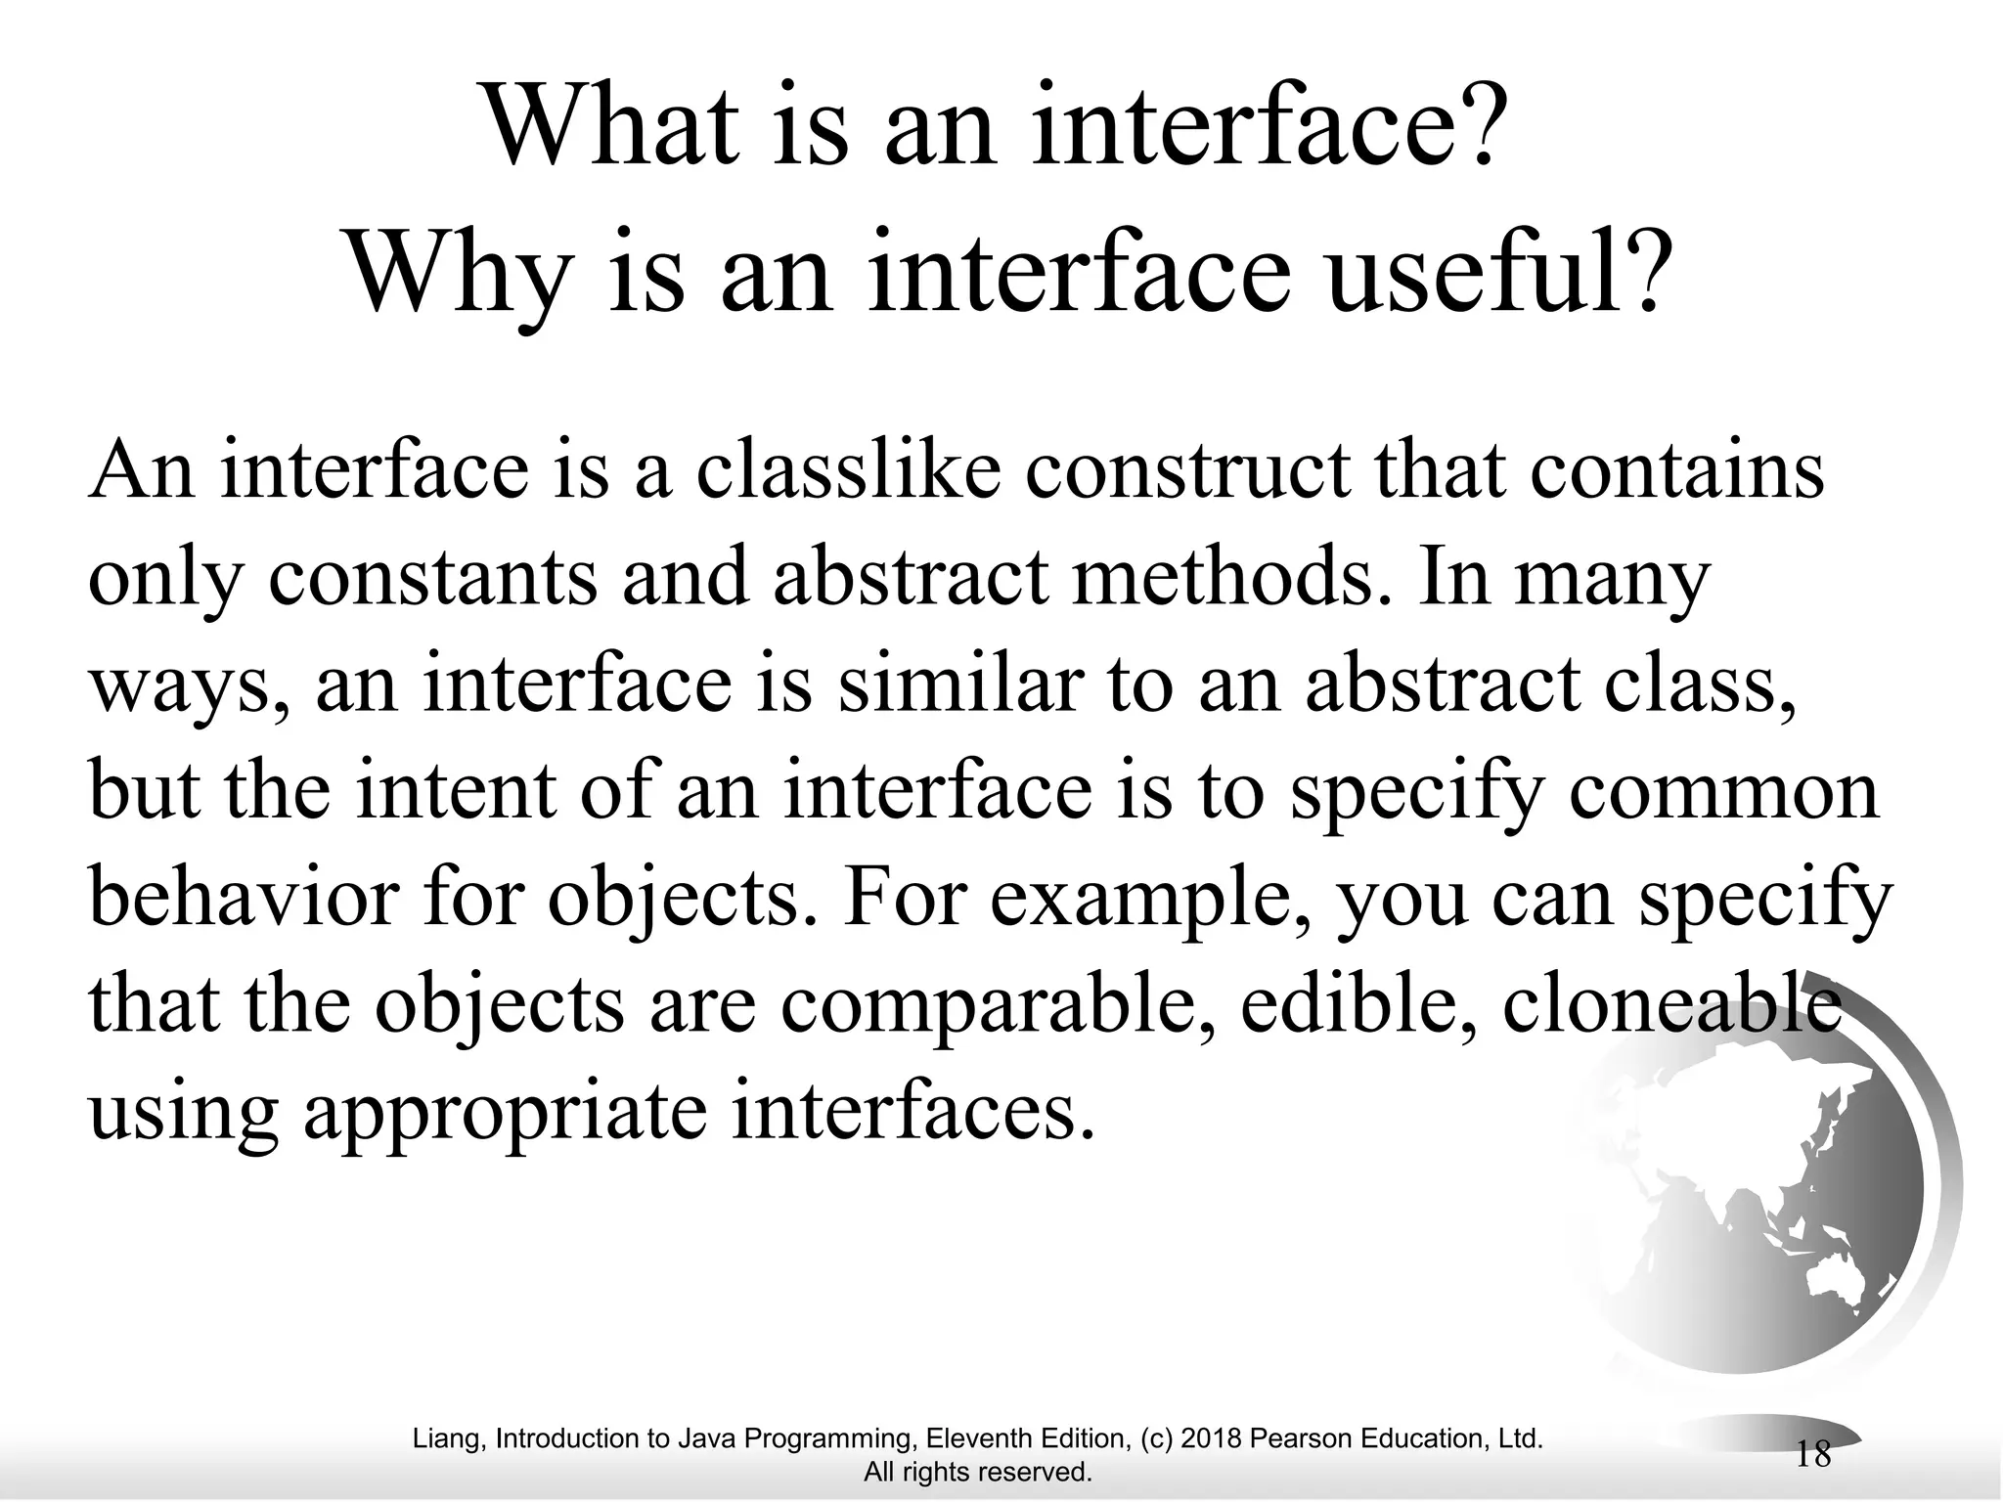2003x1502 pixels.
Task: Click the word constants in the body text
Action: click(x=431, y=577)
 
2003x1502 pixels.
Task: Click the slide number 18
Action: click(x=1813, y=1455)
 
